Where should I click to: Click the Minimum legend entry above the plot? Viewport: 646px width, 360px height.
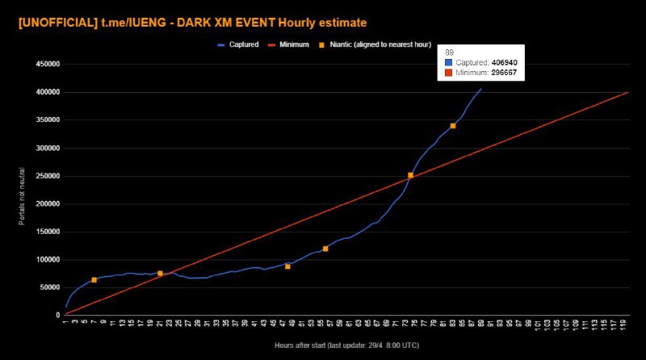tap(293, 44)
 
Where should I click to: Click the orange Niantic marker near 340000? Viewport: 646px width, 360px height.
tap(453, 126)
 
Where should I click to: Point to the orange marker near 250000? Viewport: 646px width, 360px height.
tap(410, 175)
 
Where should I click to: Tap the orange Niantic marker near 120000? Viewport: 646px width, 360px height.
tap(325, 249)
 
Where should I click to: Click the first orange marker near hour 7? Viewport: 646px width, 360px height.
tap(94, 279)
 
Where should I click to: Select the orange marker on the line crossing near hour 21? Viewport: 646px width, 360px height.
tap(160, 274)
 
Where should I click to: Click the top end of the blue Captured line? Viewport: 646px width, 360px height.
tap(481, 89)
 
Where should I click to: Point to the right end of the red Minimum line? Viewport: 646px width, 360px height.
tap(628, 92)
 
